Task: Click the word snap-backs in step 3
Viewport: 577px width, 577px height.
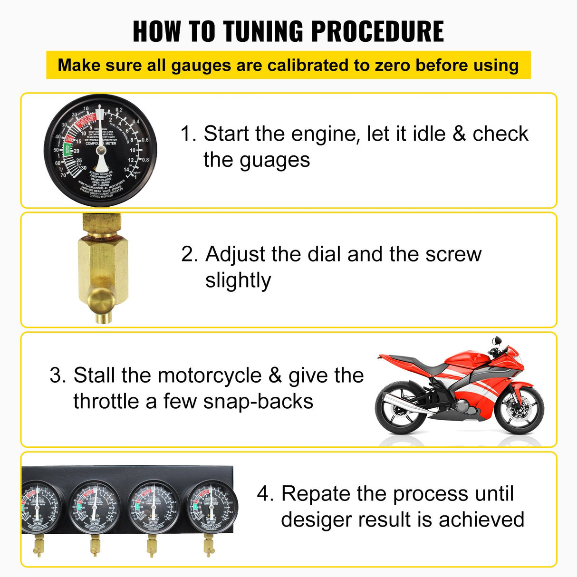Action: point(258,402)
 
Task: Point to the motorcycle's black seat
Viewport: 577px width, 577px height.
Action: point(428,365)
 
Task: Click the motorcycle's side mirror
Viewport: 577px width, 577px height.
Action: point(497,341)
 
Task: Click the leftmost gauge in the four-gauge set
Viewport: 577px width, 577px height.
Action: point(40,508)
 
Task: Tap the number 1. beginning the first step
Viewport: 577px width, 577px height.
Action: point(188,134)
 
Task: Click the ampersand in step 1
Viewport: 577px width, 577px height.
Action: point(459,134)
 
